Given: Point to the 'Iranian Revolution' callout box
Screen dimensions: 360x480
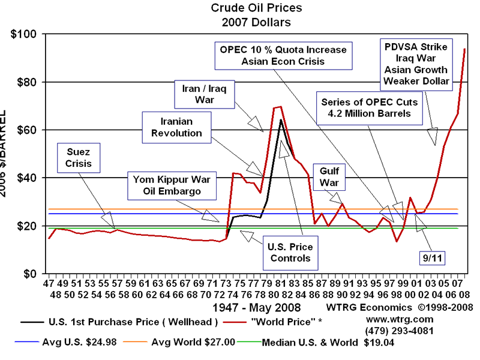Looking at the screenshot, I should coord(172,127).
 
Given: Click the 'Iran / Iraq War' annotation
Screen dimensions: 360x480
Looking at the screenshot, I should coord(205,94).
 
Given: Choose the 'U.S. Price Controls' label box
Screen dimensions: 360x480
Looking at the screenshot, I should coord(290,252).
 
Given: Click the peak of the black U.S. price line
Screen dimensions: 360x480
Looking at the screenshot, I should coord(281,120).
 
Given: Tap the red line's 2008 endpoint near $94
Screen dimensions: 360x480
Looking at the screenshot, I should coord(464,49).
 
